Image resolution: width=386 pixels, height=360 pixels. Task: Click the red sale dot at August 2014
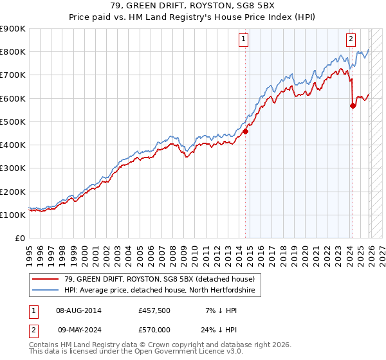click(x=245, y=132)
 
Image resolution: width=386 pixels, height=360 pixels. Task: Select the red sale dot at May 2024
click(x=353, y=106)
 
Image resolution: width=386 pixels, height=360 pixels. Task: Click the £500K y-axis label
click(x=13, y=122)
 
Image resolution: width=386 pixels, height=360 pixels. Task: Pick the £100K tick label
click(x=13, y=215)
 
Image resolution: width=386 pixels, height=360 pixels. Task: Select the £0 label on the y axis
click(x=20, y=238)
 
